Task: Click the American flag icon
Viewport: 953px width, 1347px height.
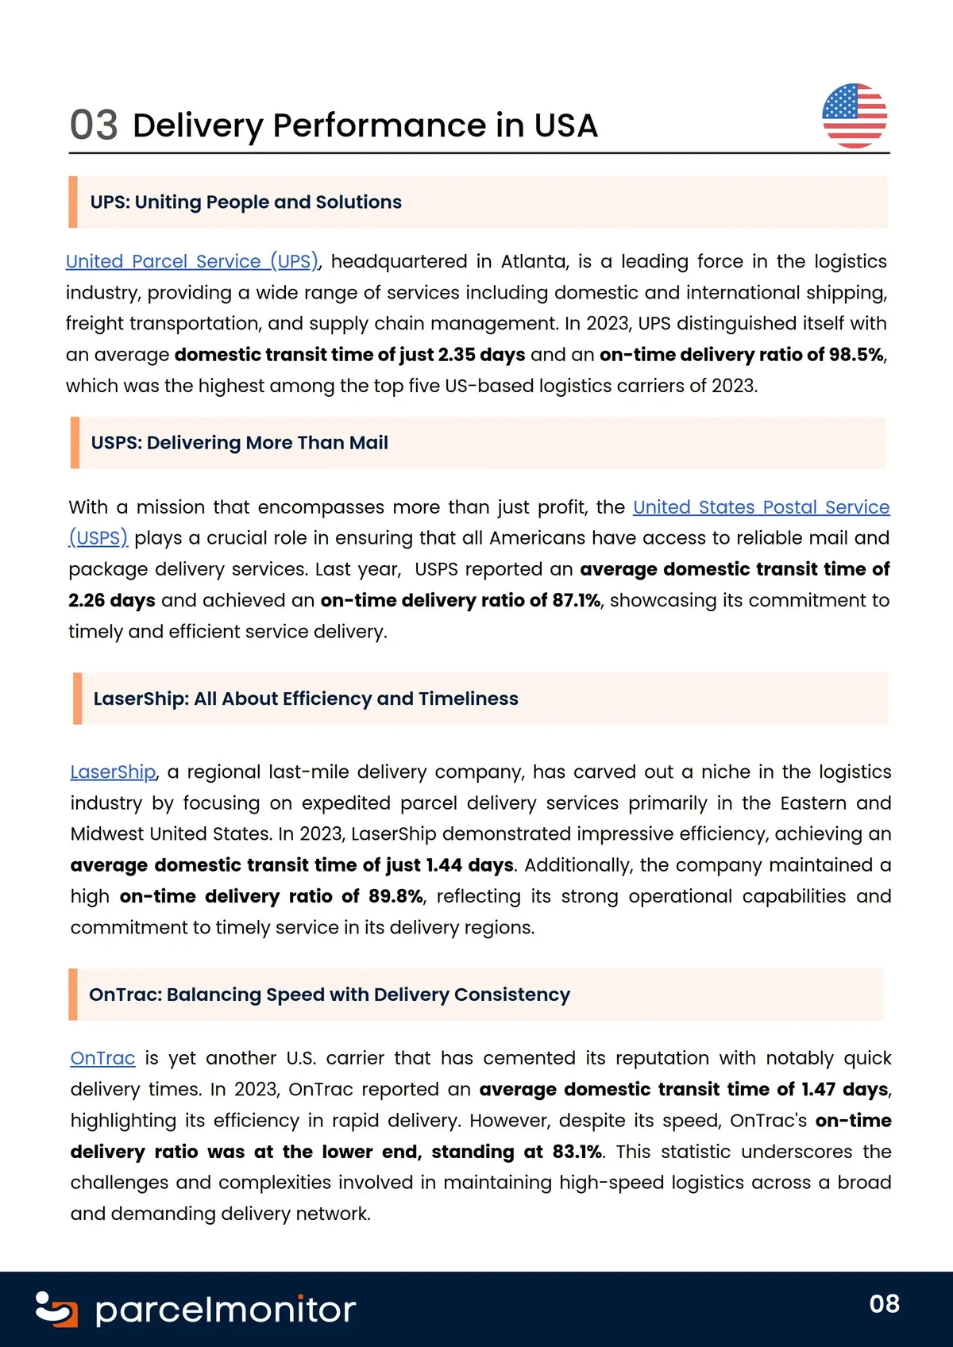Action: point(855,116)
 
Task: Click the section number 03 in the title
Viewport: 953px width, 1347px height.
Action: point(94,125)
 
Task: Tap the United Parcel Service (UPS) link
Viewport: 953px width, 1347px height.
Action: point(191,261)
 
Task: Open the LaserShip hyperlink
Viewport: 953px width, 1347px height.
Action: point(113,772)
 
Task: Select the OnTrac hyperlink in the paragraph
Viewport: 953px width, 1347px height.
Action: point(102,1058)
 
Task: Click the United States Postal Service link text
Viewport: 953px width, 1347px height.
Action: point(761,506)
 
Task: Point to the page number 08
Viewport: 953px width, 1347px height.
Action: point(884,1303)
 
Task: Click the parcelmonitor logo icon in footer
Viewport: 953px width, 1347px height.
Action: point(56,1309)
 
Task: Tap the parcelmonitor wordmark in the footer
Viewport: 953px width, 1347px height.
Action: point(226,1310)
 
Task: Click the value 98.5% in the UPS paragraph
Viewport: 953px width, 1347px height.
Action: point(856,354)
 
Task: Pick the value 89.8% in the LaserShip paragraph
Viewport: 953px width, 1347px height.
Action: point(395,896)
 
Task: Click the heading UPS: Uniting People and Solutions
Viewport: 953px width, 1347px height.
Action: point(246,202)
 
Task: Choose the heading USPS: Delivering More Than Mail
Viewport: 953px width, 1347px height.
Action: point(240,443)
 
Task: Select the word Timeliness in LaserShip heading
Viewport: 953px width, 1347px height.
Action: point(469,699)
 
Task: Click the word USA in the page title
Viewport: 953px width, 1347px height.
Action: point(565,125)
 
